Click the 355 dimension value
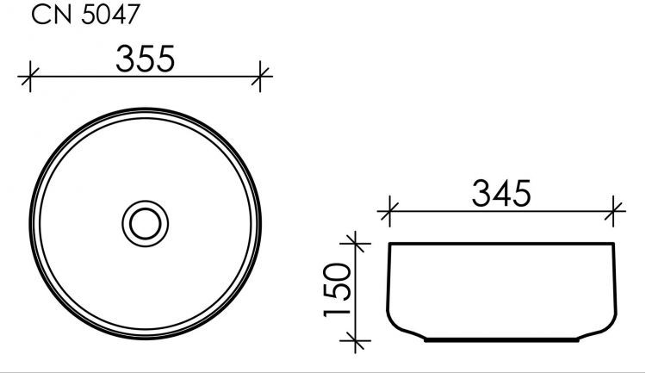146,59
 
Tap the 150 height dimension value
341,289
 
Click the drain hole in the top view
146,222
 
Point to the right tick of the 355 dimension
261,78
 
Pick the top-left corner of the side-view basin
391,246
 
